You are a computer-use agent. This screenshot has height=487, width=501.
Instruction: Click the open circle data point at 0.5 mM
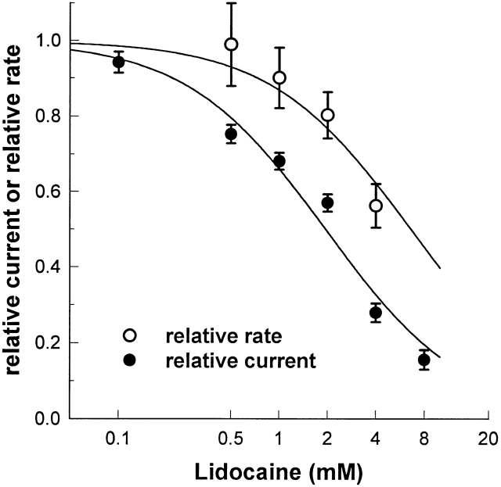(x=231, y=45)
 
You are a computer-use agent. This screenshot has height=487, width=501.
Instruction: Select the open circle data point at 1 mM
(x=279, y=77)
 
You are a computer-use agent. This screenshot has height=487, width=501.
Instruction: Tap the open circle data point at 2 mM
(x=328, y=115)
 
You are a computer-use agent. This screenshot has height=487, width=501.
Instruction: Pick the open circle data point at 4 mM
(x=376, y=206)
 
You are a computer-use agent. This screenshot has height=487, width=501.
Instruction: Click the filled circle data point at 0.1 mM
(x=119, y=62)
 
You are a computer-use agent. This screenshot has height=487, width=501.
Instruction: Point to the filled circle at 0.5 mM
(x=231, y=134)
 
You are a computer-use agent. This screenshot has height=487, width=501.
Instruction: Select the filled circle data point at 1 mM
(x=279, y=161)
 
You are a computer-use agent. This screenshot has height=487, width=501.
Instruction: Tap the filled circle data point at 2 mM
(x=328, y=203)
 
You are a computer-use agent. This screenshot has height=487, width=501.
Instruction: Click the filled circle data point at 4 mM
(x=376, y=313)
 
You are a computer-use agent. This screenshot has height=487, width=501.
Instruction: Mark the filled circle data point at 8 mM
(x=424, y=360)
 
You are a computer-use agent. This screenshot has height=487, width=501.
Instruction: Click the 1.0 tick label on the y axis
(x=50, y=41)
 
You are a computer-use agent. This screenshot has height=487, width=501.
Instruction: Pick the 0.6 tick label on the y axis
(x=50, y=192)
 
